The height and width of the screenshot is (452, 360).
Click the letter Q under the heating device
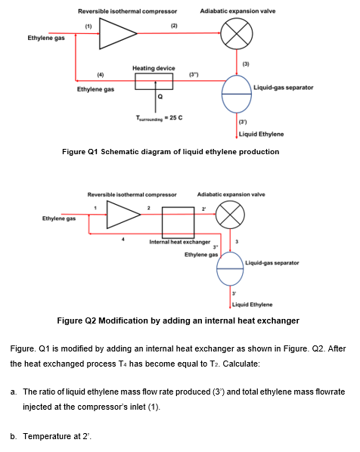(160, 97)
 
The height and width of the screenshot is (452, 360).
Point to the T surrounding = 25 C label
(159, 118)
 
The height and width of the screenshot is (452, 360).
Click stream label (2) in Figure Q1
(174, 26)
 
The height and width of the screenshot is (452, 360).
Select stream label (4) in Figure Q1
(100, 75)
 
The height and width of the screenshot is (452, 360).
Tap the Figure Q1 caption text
(170, 152)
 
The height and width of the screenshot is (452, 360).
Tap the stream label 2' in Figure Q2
(203, 209)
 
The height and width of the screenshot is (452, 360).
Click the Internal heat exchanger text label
(180, 242)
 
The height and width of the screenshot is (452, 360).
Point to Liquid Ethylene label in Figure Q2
(252, 305)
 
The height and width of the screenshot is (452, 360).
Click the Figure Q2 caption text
(178, 320)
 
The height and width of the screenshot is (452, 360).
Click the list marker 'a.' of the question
(14, 392)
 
